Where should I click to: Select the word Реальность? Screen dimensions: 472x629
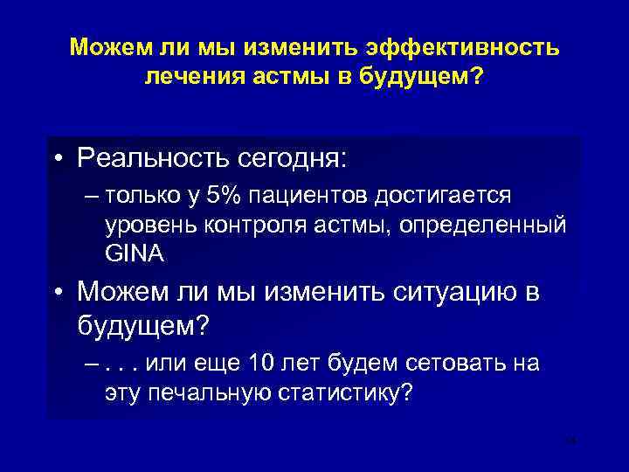tap(150, 158)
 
